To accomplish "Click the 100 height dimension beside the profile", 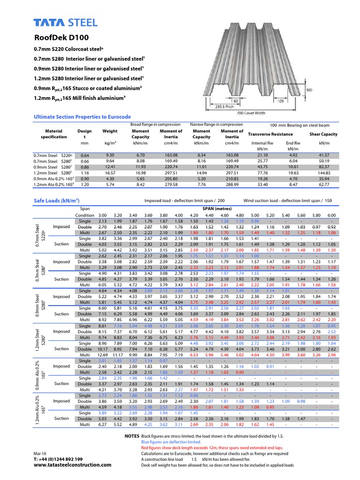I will coord(308,89).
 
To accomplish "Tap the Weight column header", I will coord(110,131).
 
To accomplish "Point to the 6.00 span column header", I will coord(332,215).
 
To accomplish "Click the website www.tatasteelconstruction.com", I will coord(73,465).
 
